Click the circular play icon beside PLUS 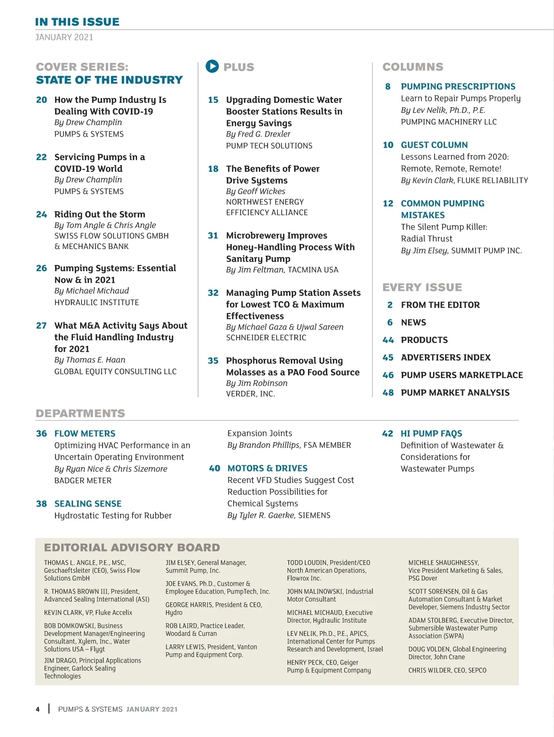tap(212, 66)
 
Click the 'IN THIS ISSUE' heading tap(77, 22)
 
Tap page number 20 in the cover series tap(42, 100)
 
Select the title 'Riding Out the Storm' tap(100, 214)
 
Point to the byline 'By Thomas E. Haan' tap(90, 360)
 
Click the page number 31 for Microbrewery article tap(213, 235)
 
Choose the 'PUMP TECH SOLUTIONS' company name tap(269, 146)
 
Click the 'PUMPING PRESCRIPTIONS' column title tap(458, 86)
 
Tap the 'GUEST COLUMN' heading tap(434, 145)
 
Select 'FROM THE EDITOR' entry tap(440, 305)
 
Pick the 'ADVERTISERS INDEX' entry tap(446, 357)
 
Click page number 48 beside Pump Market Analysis tap(388, 392)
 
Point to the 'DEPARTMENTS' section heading tap(80, 413)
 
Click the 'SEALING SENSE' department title tap(88, 504)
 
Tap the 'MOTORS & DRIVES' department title tap(267, 468)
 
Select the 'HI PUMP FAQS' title tap(431, 434)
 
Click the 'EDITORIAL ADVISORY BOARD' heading tap(132, 547)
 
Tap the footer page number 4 tap(38, 709)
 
